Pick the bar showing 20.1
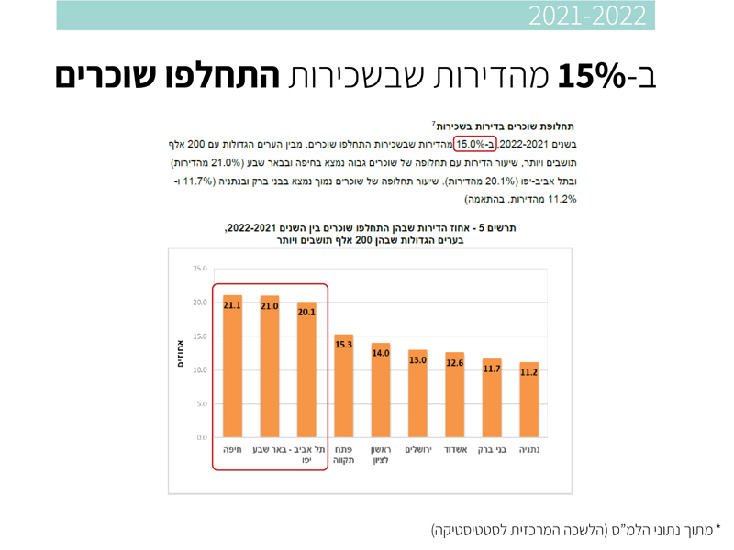click(306, 369)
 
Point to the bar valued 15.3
click(343, 386)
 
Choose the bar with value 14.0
click(381, 390)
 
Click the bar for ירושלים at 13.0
click(417, 393)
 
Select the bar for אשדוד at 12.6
click(454, 395)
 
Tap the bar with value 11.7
click(492, 398)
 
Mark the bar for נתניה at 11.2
click(528, 400)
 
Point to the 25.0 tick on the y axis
click(199, 269)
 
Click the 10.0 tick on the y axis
click(199, 370)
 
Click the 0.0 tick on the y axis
click(202, 437)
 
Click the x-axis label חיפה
click(232, 451)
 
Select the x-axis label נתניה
click(528, 451)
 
